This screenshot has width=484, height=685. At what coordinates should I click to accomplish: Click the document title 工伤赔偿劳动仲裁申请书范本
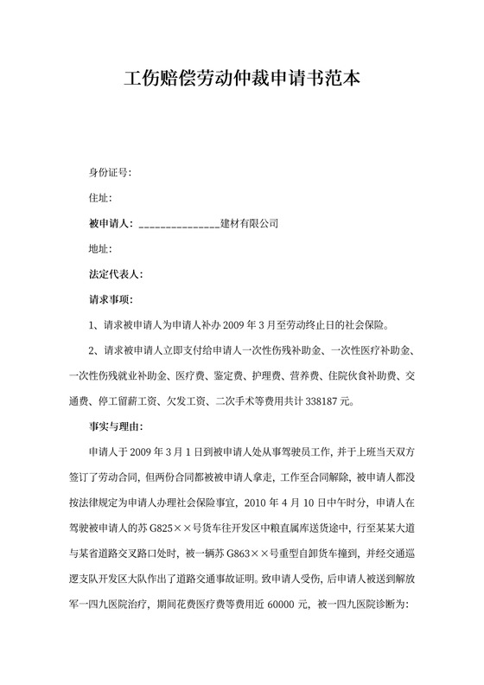(241, 79)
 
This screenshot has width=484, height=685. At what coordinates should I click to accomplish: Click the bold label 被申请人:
(110, 224)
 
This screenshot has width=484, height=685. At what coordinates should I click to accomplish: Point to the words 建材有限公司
(250, 224)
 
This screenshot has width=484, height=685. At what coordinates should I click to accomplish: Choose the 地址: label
(100, 250)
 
